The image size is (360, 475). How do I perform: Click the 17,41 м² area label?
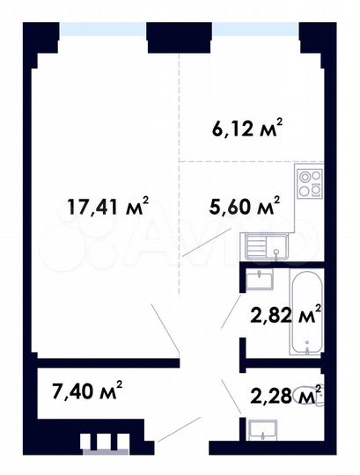108,208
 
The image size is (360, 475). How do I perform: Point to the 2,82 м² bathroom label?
283,315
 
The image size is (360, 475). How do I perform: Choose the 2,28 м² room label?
283,398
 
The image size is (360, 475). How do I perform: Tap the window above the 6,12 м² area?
254,29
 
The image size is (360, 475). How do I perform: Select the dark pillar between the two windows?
179,35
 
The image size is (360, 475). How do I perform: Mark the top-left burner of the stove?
303,174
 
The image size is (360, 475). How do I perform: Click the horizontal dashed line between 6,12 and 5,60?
238,162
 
